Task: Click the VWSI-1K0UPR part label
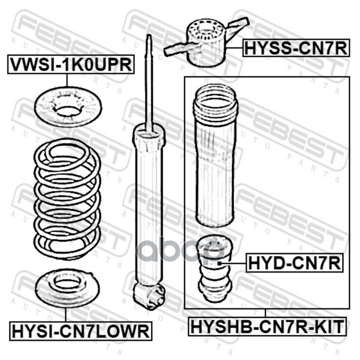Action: pyautogui.click(x=71, y=64)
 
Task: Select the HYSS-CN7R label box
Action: pyautogui.click(x=296, y=48)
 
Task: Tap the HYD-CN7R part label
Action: pyautogui.click(x=295, y=263)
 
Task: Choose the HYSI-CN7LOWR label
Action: pyautogui.click(x=81, y=331)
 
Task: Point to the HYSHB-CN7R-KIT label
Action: pyautogui.click(x=267, y=327)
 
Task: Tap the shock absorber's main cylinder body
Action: pyautogui.click(x=149, y=207)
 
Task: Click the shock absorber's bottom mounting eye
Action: pyautogui.click(x=150, y=295)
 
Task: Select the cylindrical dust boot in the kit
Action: pyautogui.click(x=214, y=156)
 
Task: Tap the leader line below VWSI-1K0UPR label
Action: pyautogui.click(x=67, y=80)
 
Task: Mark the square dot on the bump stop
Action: pyautogui.click(x=220, y=263)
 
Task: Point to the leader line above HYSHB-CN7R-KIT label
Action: pyautogui.click(x=265, y=313)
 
